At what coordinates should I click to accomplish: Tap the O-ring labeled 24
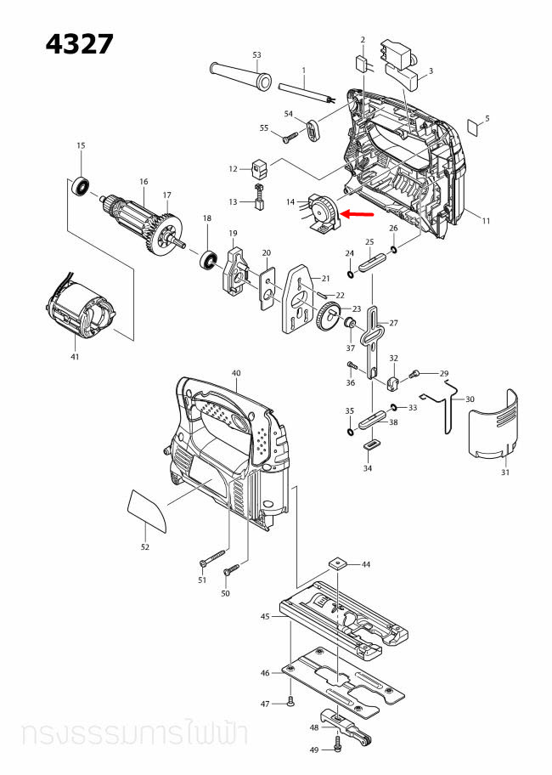coord(351,274)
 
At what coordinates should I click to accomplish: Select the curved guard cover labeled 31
coord(493,429)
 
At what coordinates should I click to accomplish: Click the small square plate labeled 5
coord(476,127)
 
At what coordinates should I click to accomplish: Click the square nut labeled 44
coord(339,563)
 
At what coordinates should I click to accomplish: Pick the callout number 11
coord(486,221)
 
